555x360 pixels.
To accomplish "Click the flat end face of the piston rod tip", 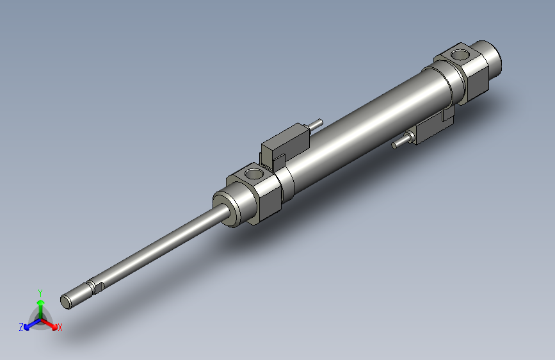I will point(67,300).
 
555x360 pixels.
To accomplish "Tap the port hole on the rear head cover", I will point(459,53).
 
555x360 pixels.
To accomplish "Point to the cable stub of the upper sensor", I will point(316,122).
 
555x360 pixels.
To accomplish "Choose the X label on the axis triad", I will point(60,328).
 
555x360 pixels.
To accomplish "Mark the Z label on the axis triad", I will point(21,327).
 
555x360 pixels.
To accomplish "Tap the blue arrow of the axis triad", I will point(30,324).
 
